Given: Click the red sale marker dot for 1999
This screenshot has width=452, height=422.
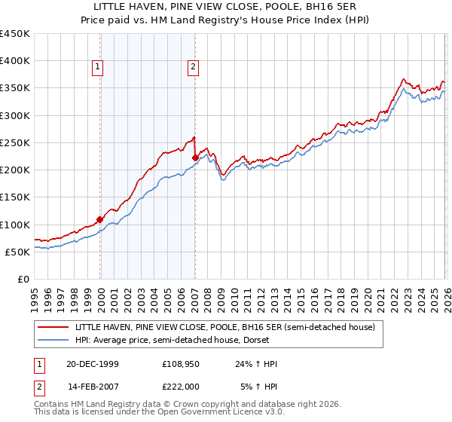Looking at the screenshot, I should tap(100, 219).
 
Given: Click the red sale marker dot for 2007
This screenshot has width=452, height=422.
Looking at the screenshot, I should tap(195, 157).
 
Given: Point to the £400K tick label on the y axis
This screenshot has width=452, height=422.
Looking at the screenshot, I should tap(15, 61).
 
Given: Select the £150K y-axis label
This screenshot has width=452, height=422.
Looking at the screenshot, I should tap(15, 197).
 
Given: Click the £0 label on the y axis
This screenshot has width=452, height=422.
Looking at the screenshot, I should tap(23, 279).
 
